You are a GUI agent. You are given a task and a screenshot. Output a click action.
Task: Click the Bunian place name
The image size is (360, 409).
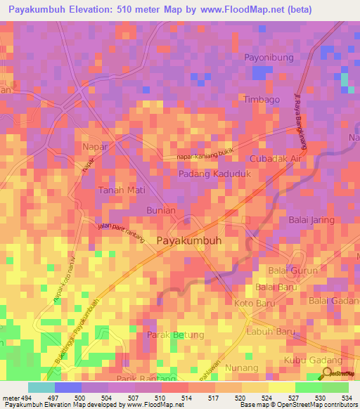click(160, 210)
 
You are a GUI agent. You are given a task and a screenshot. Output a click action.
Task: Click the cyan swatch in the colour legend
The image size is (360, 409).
click(41, 387)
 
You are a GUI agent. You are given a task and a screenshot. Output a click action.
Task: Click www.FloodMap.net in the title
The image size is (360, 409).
click(226, 11)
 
